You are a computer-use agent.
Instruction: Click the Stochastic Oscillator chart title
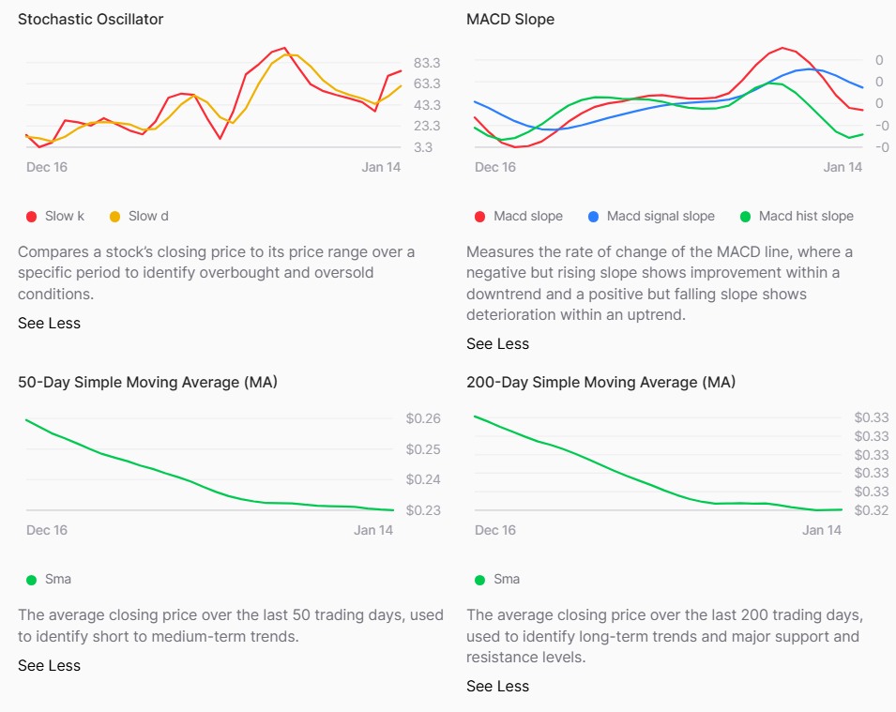[90, 20]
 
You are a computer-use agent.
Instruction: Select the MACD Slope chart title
[509, 20]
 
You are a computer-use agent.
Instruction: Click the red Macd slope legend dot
[480, 217]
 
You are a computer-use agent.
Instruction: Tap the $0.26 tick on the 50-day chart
[422, 418]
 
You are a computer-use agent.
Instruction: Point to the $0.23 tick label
[422, 510]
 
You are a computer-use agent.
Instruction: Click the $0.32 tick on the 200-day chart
[872, 510]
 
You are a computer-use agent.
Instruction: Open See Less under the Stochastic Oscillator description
[49, 324]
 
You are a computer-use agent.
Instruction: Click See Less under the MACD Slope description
[497, 344]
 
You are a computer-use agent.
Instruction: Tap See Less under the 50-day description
[49, 666]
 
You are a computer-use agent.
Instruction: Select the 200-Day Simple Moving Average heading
[600, 383]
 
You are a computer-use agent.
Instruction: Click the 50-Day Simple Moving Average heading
[147, 383]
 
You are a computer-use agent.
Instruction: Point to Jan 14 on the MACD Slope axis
[843, 167]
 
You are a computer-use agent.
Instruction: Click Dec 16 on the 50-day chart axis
[47, 530]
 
